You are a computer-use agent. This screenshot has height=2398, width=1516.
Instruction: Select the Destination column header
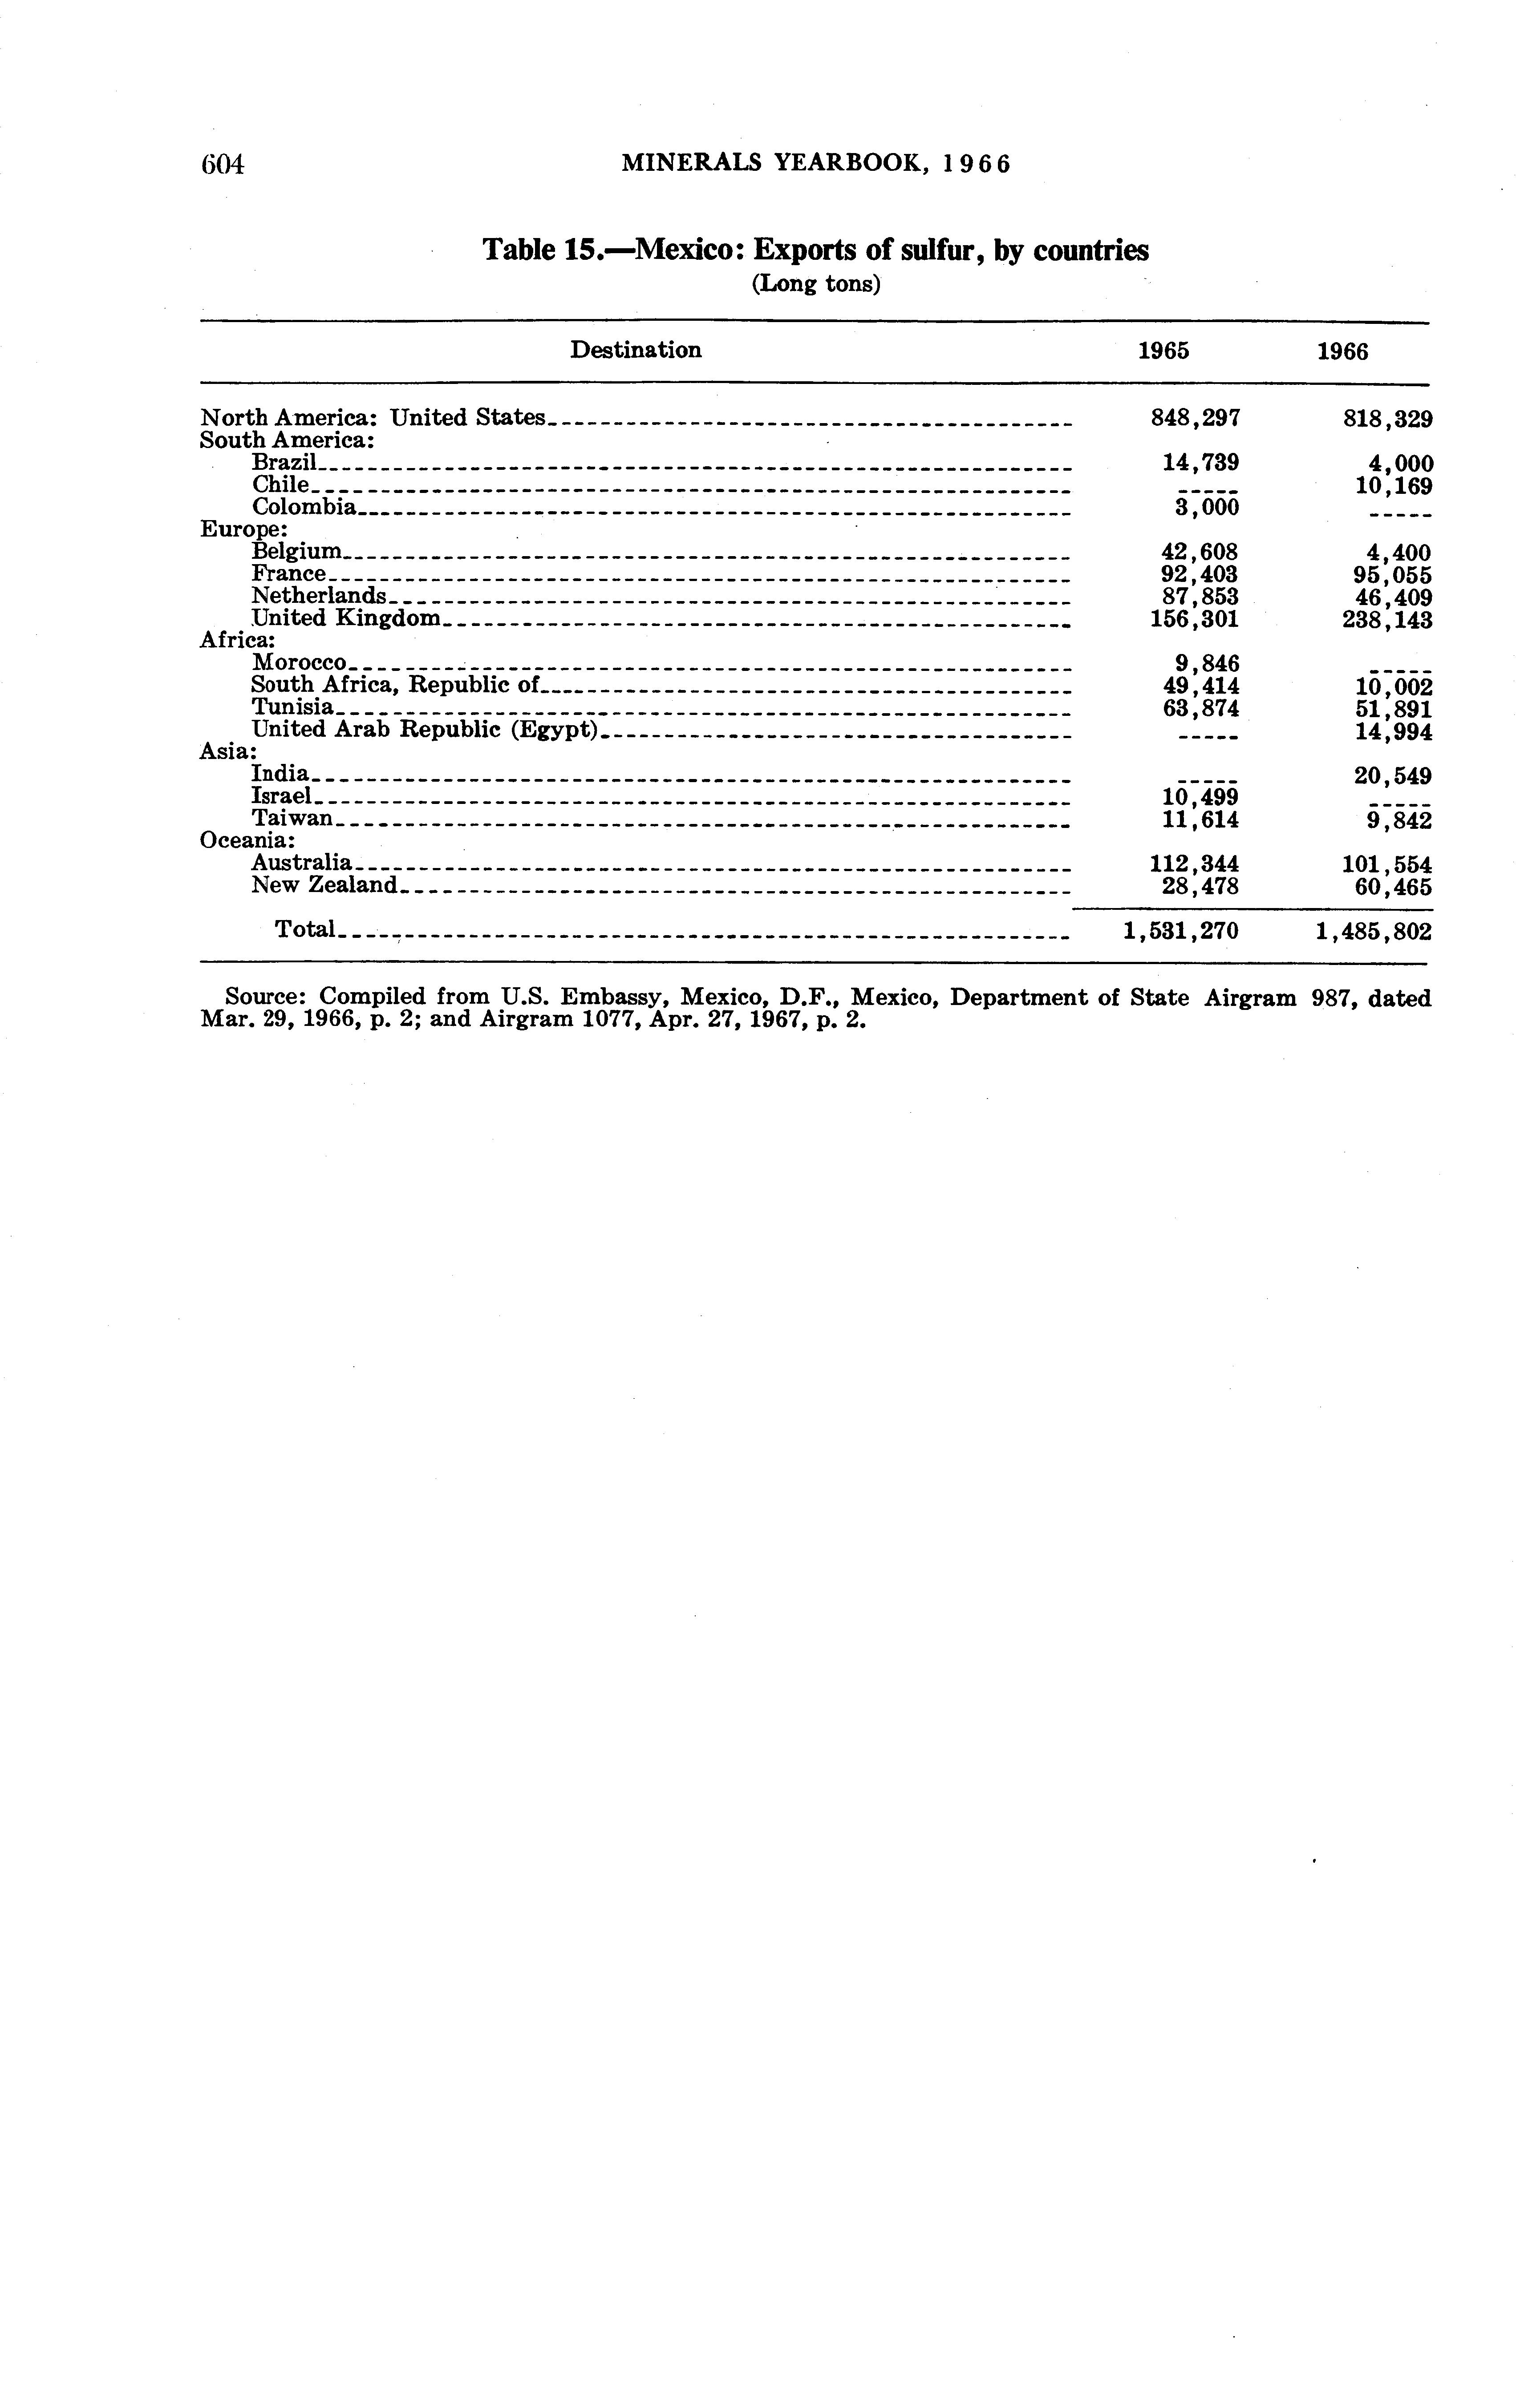pos(636,351)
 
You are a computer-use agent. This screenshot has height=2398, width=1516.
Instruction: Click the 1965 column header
pos(1163,351)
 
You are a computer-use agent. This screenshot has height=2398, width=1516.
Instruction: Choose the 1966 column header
pos(1342,351)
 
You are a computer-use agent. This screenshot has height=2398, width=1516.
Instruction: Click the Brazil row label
pos(283,462)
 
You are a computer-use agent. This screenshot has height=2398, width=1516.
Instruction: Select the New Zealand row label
pos(324,885)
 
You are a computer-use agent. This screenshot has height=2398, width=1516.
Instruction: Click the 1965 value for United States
pos(1194,418)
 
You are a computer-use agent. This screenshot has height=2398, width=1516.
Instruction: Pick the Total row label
pos(305,929)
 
